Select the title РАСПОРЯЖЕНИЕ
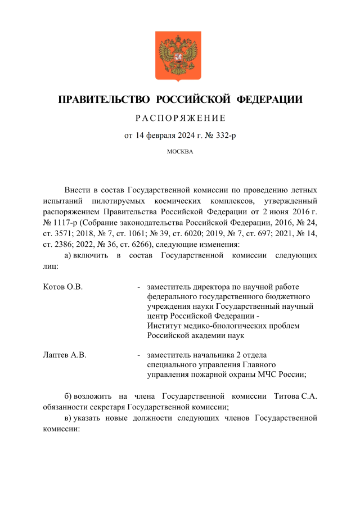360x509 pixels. [x=180, y=118]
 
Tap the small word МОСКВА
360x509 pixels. [x=180, y=152]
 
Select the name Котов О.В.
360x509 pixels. [x=63, y=287]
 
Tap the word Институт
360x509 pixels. [x=164, y=326]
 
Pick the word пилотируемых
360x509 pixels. [x=114, y=201]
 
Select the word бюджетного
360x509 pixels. [x=286, y=296]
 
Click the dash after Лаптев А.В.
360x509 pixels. [x=138, y=355]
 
